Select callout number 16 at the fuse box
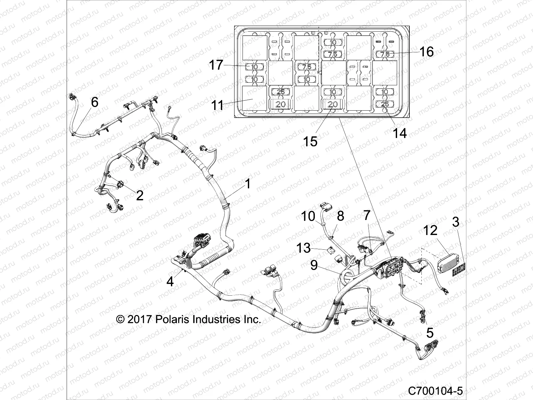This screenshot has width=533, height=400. click(x=426, y=52)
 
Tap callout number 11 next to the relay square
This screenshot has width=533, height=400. click(x=218, y=106)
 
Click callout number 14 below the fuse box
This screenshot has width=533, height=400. click(x=400, y=133)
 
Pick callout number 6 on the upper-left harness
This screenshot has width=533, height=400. click(x=95, y=102)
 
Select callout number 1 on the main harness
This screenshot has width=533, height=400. click(x=248, y=184)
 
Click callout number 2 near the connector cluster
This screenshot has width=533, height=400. click(x=140, y=195)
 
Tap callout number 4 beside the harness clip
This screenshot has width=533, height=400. click(x=170, y=282)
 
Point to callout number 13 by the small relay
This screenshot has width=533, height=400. click(x=303, y=248)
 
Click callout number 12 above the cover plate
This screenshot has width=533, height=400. click(x=430, y=230)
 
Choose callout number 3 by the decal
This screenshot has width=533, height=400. click(x=456, y=222)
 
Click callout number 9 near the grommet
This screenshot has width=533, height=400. click(x=314, y=265)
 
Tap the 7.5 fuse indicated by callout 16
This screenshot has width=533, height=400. click(x=385, y=54)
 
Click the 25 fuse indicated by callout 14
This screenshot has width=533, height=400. click(x=385, y=104)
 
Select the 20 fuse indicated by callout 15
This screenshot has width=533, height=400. click(x=332, y=104)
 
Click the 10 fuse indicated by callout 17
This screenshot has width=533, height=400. click(x=255, y=67)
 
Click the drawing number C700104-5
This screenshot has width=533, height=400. click(x=435, y=390)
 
